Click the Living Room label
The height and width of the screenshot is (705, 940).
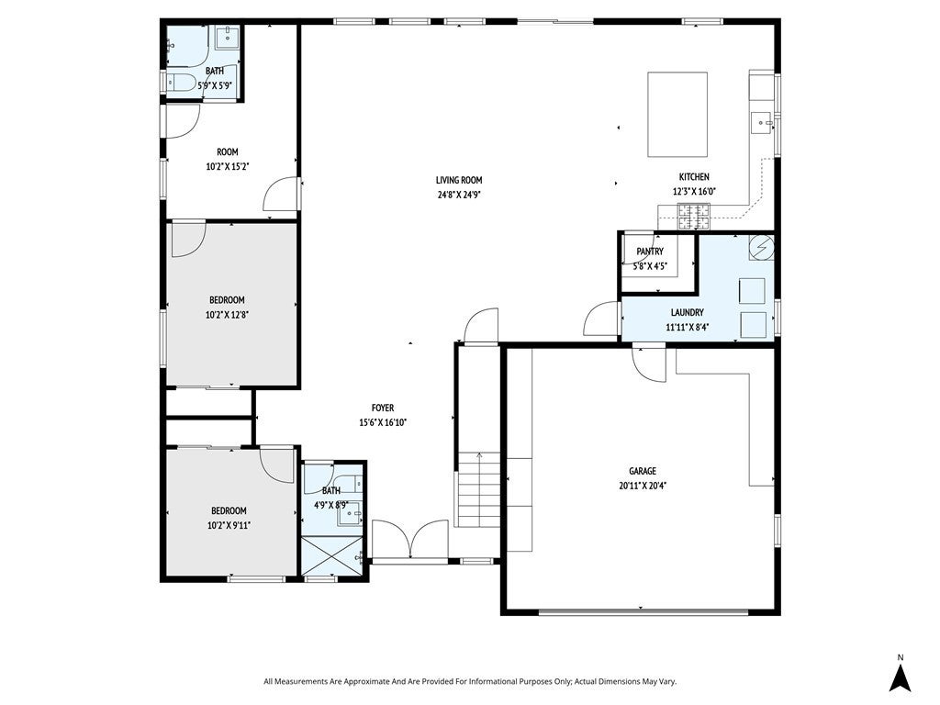(x=459, y=180)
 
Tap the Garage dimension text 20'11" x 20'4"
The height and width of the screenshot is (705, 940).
(x=643, y=486)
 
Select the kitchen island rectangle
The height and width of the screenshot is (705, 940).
(x=678, y=115)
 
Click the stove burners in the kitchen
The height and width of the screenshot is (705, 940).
(x=694, y=218)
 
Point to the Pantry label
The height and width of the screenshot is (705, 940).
(x=650, y=252)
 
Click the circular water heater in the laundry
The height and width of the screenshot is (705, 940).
(x=761, y=248)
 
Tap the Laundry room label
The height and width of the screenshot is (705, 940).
(x=687, y=312)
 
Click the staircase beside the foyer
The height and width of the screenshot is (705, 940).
(x=478, y=491)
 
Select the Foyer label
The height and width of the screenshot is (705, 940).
(x=383, y=408)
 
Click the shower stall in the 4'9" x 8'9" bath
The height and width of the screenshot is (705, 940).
(x=333, y=554)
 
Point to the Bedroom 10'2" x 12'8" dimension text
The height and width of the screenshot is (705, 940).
(x=228, y=315)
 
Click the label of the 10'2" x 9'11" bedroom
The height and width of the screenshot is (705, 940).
(x=229, y=510)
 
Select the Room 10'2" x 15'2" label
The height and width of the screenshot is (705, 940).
(x=228, y=152)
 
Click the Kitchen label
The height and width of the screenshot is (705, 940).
(x=694, y=177)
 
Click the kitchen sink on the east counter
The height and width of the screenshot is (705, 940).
(x=761, y=119)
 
